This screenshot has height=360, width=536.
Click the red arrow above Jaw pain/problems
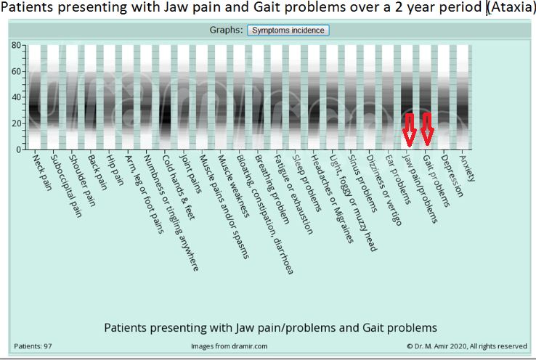(x=409, y=128)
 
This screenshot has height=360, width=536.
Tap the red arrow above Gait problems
(x=428, y=128)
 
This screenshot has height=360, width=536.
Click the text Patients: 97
(x=33, y=346)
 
